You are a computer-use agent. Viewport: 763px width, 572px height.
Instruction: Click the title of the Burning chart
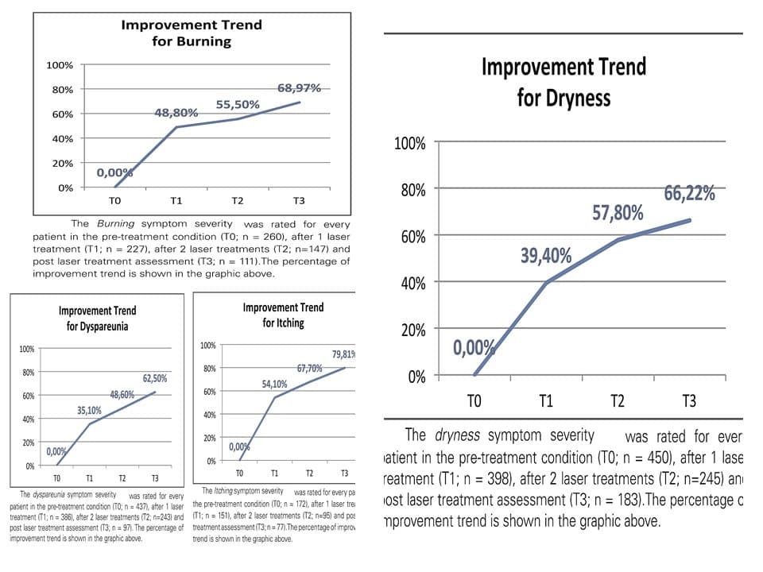pyautogui.click(x=191, y=33)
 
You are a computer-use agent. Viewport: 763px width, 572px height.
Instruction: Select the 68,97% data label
pyautogui.click(x=299, y=88)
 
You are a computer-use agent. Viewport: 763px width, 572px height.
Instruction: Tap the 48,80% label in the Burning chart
pyautogui.click(x=176, y=114)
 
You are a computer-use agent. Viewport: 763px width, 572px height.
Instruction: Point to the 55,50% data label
pyautogui.click(x=238, y=105)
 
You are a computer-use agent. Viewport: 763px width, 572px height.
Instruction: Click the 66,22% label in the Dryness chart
pyautogui.click(x=689, y=193)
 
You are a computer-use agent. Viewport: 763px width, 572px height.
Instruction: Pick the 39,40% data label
pyautogui.click(x=546, y=255)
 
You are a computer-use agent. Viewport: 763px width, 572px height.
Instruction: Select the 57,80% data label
pyautogui.click(x=618, y=213)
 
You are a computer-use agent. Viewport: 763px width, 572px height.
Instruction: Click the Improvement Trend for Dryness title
pyautogui.click(x=564, y=81)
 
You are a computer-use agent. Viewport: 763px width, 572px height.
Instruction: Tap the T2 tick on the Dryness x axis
pyautogui.click(x=617, y=400)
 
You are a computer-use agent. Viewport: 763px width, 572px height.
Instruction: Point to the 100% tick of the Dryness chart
pyautogui.click(x=410, y=144)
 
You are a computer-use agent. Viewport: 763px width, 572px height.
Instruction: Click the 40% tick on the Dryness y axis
pyautogui.click(x=413, y=284)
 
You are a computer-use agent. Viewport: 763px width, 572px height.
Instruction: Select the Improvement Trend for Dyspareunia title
pyautogui.click(x=97, y=318)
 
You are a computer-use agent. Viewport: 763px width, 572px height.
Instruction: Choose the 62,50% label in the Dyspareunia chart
pyautogui.click(x=155, y=378)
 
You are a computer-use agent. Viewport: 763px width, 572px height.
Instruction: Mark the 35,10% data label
pyautogui.click(x=89, y=411)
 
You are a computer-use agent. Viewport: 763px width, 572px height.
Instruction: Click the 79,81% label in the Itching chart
pyautogui.click(x=343, y=354)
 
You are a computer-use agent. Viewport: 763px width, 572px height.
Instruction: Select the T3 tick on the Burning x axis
pyautogui.click(x=299, y=201)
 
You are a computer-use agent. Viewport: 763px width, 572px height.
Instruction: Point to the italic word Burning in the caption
pyautogui.click(x=116, y=224)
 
